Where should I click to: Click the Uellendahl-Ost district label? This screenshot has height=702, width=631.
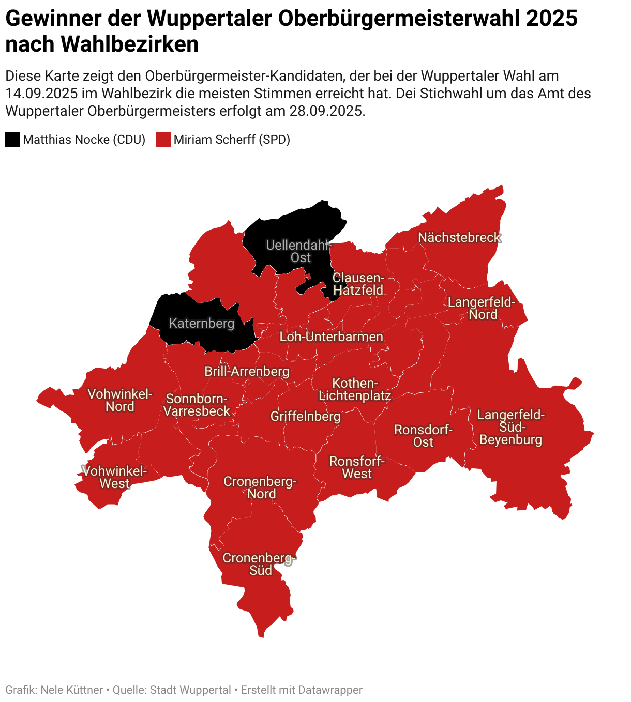(x=299, y=251)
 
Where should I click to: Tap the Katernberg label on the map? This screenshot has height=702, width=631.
(x=202, y=324)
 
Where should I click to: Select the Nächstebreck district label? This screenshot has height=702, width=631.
(x=459, y=238)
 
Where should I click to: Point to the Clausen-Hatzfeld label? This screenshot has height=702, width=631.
(x=358, y=284)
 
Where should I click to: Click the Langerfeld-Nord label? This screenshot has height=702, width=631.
(x=482, y=309)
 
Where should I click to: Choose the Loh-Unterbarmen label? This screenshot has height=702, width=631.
(x=332, y=337)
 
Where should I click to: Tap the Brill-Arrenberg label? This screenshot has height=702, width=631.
(x=247, y=372)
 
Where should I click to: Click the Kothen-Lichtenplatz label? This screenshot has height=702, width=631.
(x=355, y=390)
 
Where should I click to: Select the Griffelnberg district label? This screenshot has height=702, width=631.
(x=305, y=417)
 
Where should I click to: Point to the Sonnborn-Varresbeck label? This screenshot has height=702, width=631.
(x=197, y=405)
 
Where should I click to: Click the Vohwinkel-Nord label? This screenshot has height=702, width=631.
(x=120, y=401)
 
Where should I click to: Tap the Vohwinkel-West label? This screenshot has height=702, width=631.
(x=115, y=478)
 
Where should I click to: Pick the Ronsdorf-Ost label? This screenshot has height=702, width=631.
(x=423, y=436)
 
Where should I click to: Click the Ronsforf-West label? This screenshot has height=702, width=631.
(x=357, y=467)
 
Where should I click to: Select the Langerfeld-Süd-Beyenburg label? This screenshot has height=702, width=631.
(x=510, y=428)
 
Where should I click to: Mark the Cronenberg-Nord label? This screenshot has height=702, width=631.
(x=260, y=487)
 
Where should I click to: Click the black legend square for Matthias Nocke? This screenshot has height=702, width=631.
(x=12, y=140)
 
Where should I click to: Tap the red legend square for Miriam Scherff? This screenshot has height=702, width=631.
(x=163, y=140)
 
